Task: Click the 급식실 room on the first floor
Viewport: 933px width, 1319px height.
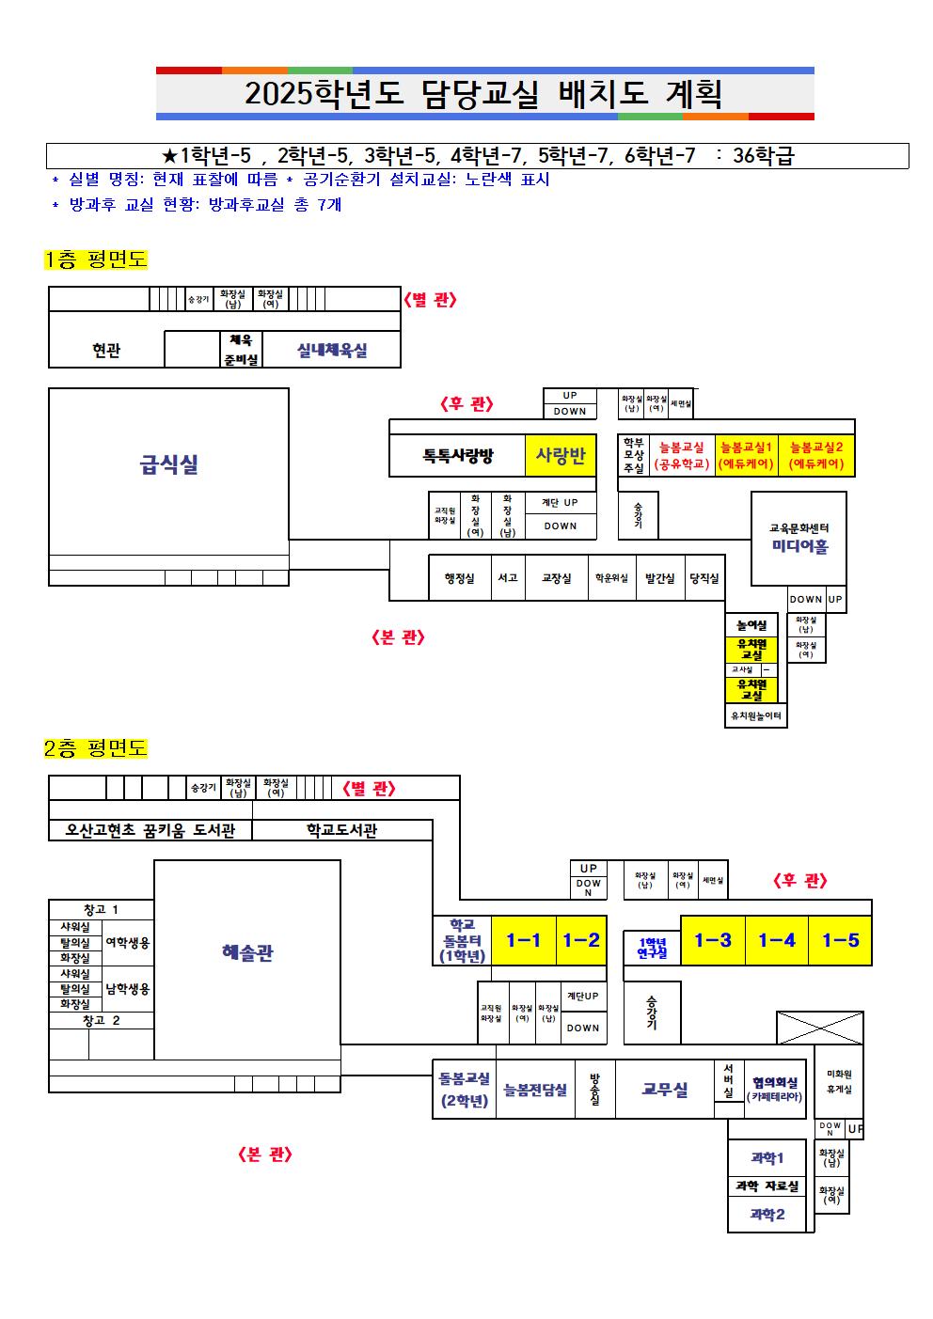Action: (x=168, y=464)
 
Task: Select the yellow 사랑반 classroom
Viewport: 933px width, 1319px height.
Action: (x=561, y=456)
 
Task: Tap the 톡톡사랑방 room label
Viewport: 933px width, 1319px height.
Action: (x=457, y=457)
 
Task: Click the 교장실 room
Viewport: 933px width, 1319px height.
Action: (x=556, y=578)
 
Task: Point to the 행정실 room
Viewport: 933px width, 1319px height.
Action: (x=459, y=578)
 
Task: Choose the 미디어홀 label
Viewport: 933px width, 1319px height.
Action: (x=799, y=546)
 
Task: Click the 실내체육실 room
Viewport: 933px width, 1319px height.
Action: (x=331, y=350)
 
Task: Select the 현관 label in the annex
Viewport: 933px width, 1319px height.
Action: (x=106, y=350)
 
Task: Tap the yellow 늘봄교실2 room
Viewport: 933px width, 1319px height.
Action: (x=816, y=456)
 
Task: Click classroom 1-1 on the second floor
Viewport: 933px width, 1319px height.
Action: (x=524, y=940)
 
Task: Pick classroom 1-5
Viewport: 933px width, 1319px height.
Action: (x=840, y=940)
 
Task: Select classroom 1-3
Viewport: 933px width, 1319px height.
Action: (x=713, y=940)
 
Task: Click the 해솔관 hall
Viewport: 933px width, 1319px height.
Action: (x=246, y=953)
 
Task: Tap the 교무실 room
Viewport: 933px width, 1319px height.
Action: (x=665, y=1090)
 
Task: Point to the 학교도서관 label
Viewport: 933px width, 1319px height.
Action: (x=341, y=831)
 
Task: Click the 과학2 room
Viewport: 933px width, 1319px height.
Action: (x=767, y=1215)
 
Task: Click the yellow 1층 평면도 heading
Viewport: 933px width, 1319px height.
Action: (x=96, y=260)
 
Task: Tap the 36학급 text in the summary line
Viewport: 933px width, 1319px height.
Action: (x=763, y=156)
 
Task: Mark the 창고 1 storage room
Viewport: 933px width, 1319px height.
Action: (x=102, y=909)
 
